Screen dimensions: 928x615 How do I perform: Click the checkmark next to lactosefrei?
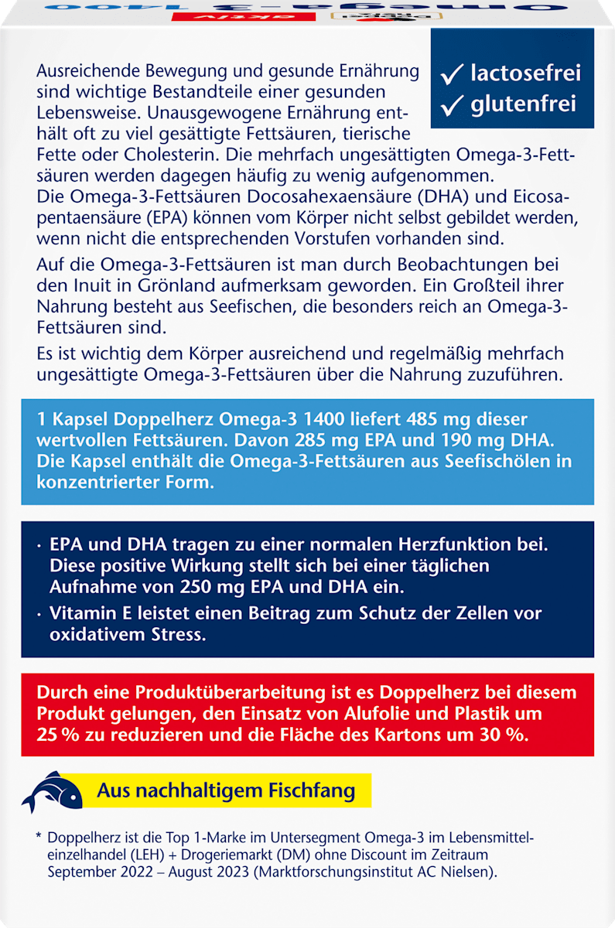point(452,73)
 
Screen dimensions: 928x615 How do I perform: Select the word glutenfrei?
point(523,104)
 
